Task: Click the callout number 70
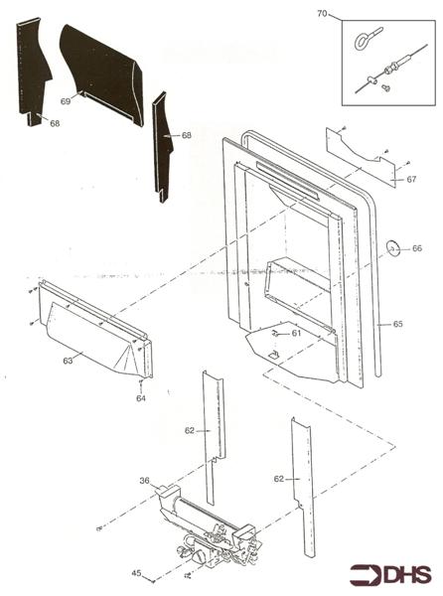[322, 14]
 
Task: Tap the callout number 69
[66, 101]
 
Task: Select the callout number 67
[411, 179]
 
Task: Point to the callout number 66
[417, 248]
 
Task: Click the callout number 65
[397, 324]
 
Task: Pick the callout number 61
[296, 333]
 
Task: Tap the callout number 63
[68, 361]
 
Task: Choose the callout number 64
[141, 398]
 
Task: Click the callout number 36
[144, 481]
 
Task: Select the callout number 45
[136, 573]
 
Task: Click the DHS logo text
[407, 574]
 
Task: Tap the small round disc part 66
[391, 247]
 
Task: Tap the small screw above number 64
[141, 383]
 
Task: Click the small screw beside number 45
[152, 581]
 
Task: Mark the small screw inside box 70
[386, 88]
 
